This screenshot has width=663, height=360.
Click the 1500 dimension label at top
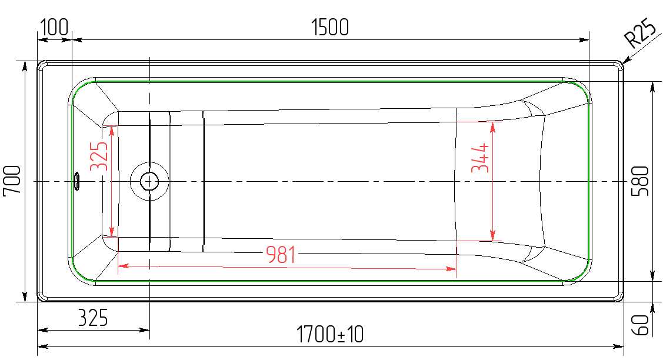coord(330,27)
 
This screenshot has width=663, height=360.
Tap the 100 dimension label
coord(54,27)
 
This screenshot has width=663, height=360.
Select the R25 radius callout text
coord(641,32)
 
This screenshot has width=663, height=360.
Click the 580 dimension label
coord(640,181)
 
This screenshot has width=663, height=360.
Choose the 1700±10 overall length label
coord(330,334)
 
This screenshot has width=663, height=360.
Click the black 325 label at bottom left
coord(93,318)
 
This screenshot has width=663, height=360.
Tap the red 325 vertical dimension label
coord(99,156)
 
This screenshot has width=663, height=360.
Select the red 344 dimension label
coord(480,158)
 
